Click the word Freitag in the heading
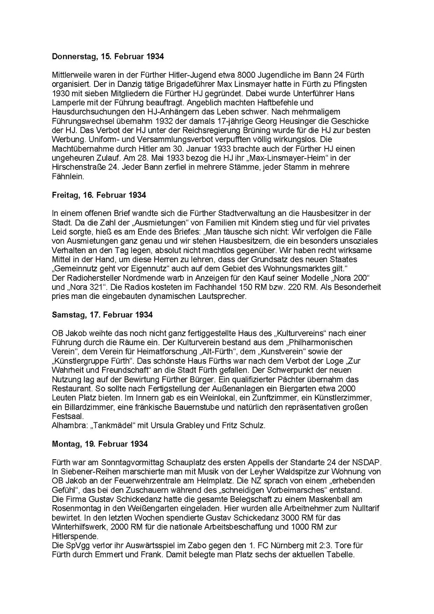64,195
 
